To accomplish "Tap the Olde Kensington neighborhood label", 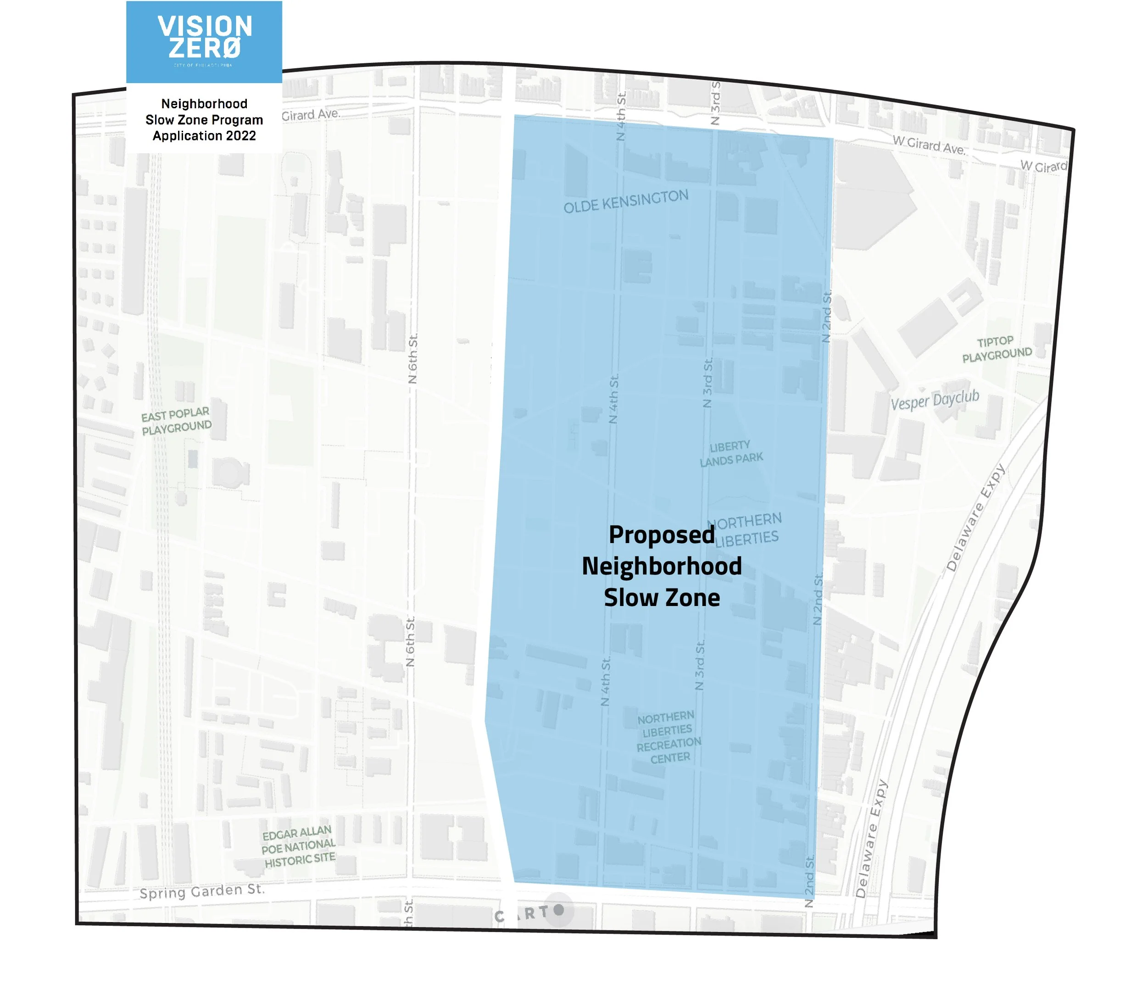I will [626, 201].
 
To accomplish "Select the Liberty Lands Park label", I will [730, 453].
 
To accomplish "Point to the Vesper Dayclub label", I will [935, 400].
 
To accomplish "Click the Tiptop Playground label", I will [997, 349].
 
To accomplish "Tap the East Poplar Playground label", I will [176, 421].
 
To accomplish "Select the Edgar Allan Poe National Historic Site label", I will [299, 846].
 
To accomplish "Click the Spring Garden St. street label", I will [202, 891].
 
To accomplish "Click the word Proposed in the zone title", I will [662, 534].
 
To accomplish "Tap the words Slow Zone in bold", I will [662, 597].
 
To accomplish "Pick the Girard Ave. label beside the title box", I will [311, 114].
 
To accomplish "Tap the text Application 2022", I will [204, 136].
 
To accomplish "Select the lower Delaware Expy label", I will [871, 839].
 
